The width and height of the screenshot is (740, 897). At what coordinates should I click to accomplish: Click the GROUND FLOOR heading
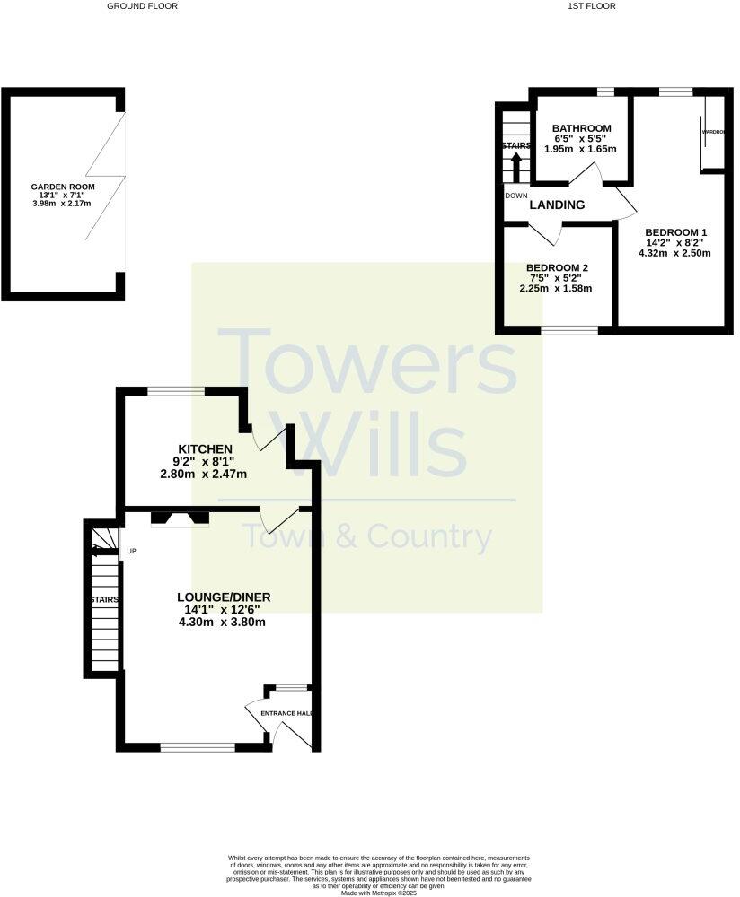coord(142,6)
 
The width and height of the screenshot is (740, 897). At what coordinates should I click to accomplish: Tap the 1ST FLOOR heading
coord(592,6)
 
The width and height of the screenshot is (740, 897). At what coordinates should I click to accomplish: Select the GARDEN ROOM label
coord(63,187)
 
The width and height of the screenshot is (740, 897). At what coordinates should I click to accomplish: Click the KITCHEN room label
coord(206,448)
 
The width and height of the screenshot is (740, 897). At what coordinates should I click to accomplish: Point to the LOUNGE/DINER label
coord(225,597)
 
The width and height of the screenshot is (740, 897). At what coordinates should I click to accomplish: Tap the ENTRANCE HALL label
coord(286,713)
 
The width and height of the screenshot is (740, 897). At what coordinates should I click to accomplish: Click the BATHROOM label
coord(582,128)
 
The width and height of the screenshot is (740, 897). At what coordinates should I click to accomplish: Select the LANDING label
coord(557,205)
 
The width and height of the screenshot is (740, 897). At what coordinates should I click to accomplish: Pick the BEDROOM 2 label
coord(557,268)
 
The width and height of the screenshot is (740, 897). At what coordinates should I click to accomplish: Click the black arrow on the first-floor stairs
coord(516,167)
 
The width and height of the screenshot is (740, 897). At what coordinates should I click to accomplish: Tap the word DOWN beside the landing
coord(516,196)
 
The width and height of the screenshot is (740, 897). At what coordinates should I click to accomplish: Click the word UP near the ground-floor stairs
coord(132,551)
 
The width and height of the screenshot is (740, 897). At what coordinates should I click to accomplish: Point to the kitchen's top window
coord(175,390)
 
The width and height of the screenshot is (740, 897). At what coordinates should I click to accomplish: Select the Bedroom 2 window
coord(569,330)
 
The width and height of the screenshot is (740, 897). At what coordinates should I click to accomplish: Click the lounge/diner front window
coord(198,746)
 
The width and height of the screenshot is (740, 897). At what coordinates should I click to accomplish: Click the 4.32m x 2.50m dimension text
coord(674,253)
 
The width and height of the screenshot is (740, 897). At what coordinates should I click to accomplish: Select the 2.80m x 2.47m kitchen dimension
coord(204,474)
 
